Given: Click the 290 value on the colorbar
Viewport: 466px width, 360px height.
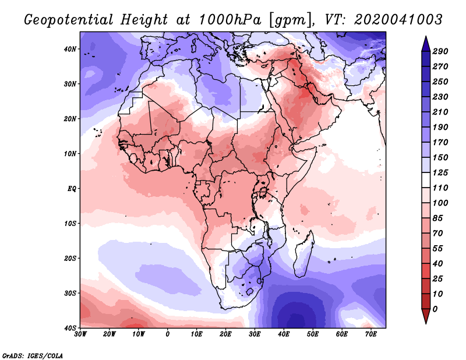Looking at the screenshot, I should (440, 52).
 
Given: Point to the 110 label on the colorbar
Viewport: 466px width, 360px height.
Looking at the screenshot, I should (440, 189).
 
